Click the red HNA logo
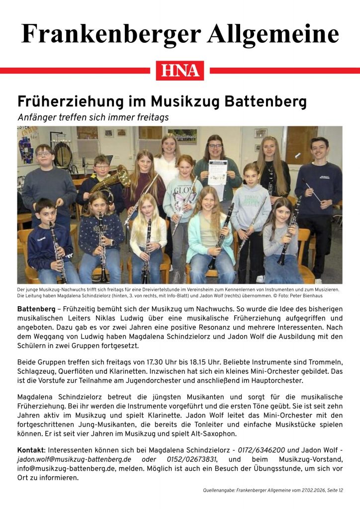pos(180,71)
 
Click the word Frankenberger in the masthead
pos(111,34)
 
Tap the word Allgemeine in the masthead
pos(273,34)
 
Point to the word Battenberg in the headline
pos(266,102)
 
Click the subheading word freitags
pos(152,117)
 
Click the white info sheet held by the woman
pos(217,173)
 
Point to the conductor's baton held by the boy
pos(313,191)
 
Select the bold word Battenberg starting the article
pos(35,309)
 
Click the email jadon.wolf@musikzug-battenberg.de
pos(74,459)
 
